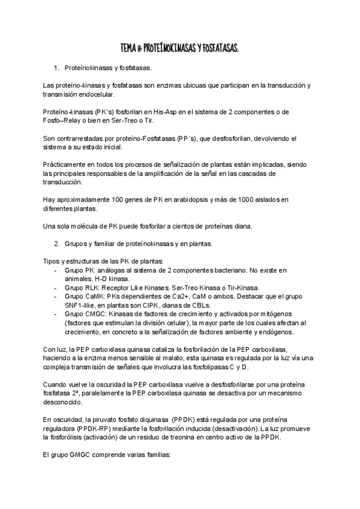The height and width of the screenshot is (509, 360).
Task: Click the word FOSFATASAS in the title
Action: [218, 47]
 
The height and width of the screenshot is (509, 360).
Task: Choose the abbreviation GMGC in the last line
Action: [77, 455]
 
